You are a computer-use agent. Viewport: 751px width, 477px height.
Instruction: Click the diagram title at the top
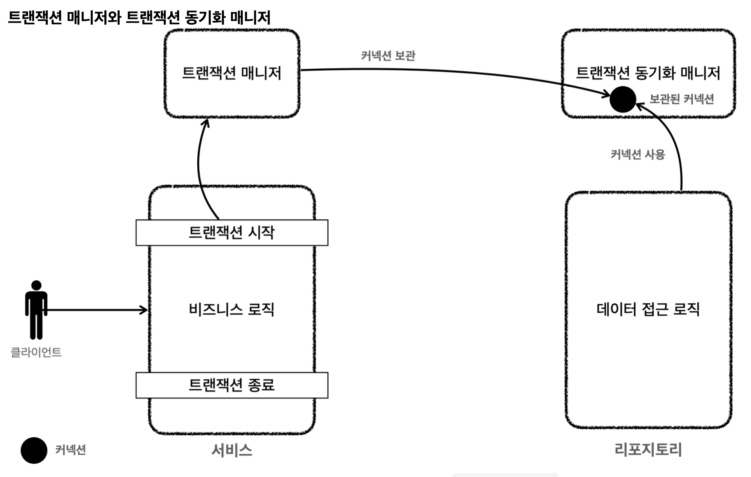(x=139, y=18)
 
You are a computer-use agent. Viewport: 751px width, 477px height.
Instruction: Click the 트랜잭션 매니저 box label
(x=232, y=73)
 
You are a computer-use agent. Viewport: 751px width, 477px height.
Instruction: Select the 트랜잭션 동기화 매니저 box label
(x=648, y=73)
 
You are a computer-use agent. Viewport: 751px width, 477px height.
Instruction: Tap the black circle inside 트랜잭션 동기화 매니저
(x=622, y=99)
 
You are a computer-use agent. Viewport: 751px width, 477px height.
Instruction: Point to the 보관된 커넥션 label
(x=681, y=99)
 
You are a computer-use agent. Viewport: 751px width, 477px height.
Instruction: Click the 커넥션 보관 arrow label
(x=388, y=56)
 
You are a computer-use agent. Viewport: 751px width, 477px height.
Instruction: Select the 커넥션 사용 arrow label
(x=638, y=155)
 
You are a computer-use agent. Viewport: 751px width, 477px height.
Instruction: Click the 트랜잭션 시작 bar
(x=232, y=233)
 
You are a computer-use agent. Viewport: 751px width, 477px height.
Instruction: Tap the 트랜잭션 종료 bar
(x=232, y=385)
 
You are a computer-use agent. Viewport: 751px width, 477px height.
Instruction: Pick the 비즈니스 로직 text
(x=232, y=310)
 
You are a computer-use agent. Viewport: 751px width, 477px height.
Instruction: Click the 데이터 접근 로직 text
(x=648, y=310)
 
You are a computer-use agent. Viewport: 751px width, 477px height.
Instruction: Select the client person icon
(x=36, y=310)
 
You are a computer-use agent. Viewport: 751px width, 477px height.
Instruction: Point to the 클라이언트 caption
(x=36, y=352)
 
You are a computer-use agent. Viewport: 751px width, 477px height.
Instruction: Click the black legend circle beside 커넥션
(x=34, y=450)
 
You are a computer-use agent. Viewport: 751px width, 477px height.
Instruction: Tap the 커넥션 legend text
(x=70, y=450)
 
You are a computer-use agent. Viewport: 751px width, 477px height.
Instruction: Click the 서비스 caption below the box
(x=232, y=450)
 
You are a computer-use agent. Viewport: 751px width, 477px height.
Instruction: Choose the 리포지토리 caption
(x=648, y=450)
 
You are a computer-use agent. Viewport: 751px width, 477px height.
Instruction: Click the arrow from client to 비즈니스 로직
(x=98, y=310)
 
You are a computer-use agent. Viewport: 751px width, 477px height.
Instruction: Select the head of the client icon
(x=36, y=285)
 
